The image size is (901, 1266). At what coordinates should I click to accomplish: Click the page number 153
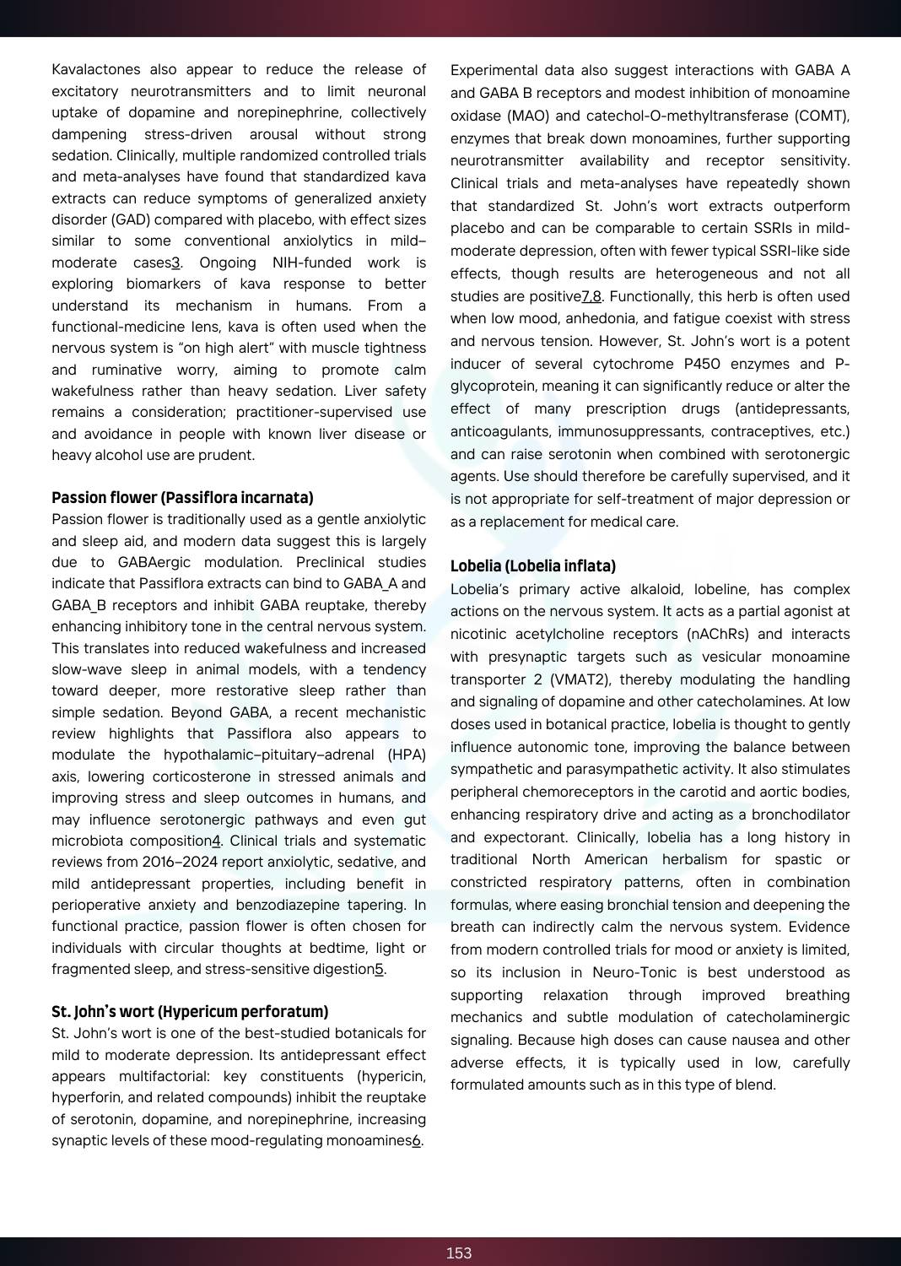(x=458, y=1253)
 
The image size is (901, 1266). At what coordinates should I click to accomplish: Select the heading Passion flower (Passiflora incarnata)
(x=182, y=498)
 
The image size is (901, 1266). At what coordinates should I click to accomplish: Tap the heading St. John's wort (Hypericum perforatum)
(x=190, y=1012)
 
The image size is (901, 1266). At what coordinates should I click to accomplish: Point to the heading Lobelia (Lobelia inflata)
(x=533, y=566)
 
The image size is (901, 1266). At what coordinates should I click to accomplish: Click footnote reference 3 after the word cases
(x=176, y=262)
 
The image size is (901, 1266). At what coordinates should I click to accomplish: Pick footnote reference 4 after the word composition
(x=216, y=841)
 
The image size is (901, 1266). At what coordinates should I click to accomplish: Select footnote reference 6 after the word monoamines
(x=417, y=1141)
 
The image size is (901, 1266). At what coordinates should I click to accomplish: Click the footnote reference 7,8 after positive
(x=591, y=297)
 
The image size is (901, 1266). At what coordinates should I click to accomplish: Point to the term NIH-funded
(x=312, y=262)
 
